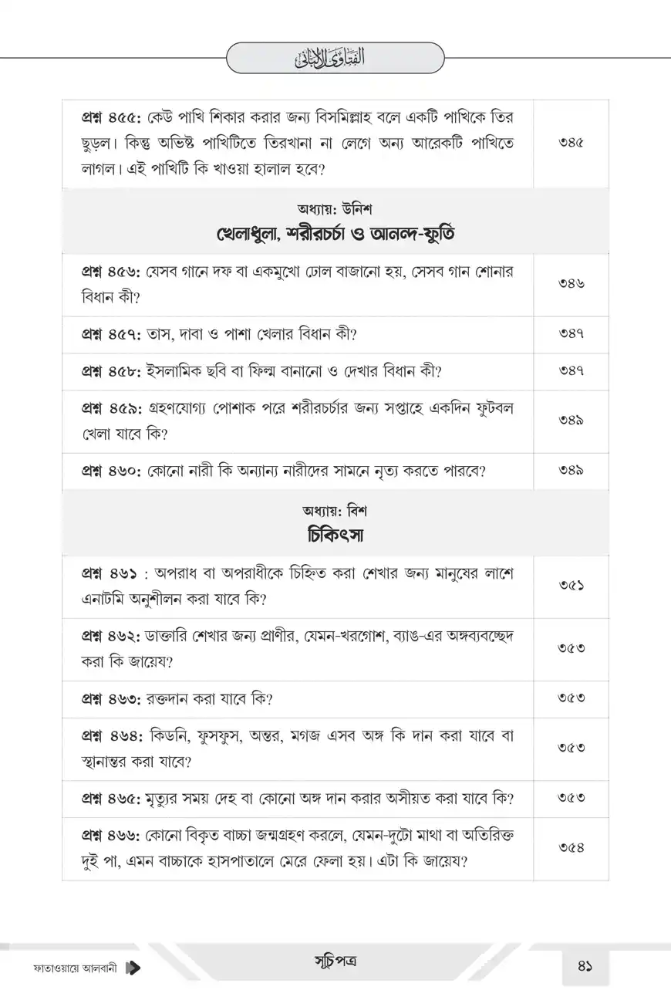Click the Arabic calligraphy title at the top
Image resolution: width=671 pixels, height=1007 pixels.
335,58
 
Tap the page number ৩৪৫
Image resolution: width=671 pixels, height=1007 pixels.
571,144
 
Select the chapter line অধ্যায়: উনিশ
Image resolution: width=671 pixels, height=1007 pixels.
335,208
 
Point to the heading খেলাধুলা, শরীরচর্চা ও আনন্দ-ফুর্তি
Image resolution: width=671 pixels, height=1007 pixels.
335,233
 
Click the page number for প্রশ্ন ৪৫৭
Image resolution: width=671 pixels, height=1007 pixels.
571,333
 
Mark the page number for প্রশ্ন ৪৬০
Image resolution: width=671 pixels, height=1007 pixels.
571,470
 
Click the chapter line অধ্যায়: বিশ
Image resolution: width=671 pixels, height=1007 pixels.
335,510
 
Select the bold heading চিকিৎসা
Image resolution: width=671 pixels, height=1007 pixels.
335,534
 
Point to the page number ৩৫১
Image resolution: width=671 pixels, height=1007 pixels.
571,586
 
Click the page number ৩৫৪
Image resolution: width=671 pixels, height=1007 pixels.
571,848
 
